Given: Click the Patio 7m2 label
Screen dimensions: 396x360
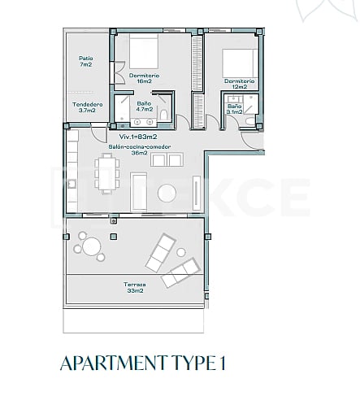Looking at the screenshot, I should (x=85, y=62).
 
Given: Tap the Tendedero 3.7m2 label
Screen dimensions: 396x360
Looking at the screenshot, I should (x=85, y=107).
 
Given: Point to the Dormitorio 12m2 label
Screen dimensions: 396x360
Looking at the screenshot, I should (x=240, y=85).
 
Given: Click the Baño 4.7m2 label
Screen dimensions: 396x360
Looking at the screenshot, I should (x=144, y=106).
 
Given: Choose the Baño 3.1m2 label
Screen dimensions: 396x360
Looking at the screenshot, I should (x=234, y=110).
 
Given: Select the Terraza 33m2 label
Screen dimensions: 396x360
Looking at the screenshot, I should (x=135, y=287).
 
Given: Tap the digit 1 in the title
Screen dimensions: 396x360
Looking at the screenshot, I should (x=222, y=363).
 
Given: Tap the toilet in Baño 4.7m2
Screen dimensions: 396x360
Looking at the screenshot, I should (x=163, y=115).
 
